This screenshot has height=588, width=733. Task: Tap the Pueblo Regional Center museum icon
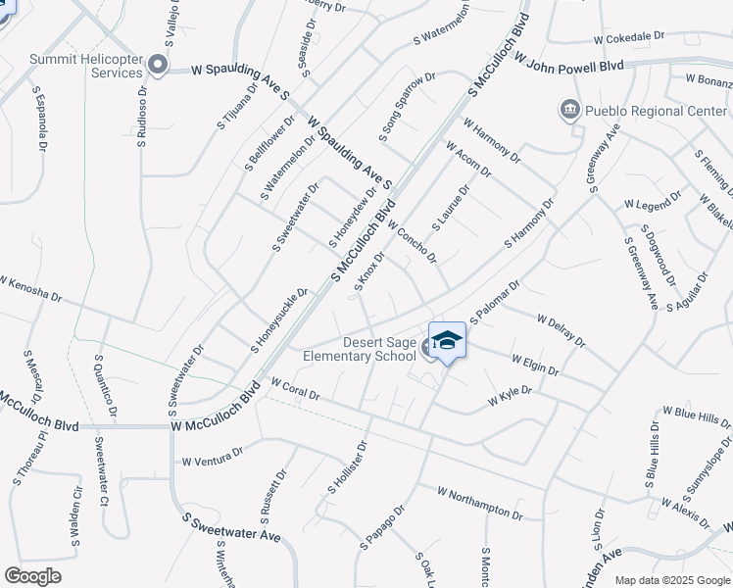[x=569, y=110]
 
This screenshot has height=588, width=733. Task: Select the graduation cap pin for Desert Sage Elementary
[x=447, y=341]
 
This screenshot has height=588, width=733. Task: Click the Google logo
[x=32, y=576]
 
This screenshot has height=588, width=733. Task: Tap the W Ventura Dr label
[x=212, y=458]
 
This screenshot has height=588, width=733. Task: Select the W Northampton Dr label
[x=481, y=503]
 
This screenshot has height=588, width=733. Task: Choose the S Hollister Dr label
[x=347, y=466]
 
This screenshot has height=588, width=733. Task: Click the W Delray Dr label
[x=561, y=330]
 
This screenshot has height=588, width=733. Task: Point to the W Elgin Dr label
[x=534, y=366]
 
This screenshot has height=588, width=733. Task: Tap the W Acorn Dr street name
[x=468, y=160]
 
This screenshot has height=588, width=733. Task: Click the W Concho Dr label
[x=412, y=241]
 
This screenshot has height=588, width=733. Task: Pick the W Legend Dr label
[x=653, y=202]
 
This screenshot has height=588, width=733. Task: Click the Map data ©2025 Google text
[x=672, y=580]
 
